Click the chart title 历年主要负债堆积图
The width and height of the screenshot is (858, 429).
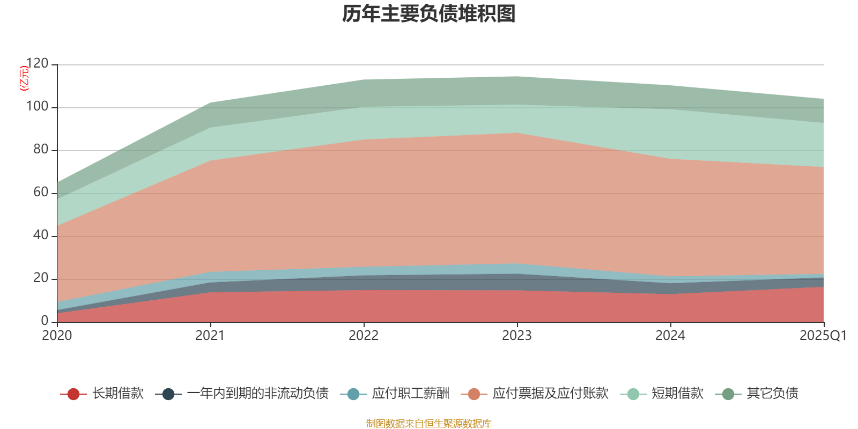pyautogui.click(x=429, y=14)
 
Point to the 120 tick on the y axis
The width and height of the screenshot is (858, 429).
pyautogui.click(x=37, y=64)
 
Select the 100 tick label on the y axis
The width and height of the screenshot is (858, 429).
pyautogui.click(x=37, y=107)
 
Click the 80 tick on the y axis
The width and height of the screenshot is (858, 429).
pyautogui.click(x=40, y=150)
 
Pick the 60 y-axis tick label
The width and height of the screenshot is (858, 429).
pyautogui.click(x=40, y=193)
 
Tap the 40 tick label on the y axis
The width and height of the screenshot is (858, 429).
pyautogui.click(x=40, y=235)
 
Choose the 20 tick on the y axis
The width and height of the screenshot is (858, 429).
pyautogui.click(x=40, y=278)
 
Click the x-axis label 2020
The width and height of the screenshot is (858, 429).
pyautogui.click(x=57, y=336)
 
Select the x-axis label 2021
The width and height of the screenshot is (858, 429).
pyautogui.click(x=210, y=336)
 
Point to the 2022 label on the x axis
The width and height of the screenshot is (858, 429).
pyautogui.click(x=364, y=336)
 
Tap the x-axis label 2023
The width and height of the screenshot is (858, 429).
pyautogui.click(x=517, y=336)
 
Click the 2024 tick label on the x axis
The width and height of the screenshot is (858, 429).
pyautogui.click(x=670, y=336)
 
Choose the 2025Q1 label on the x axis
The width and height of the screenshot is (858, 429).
pyautogui.click(x=823, y=336)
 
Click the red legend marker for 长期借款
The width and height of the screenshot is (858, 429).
pyautogui.click(x=73, y=394)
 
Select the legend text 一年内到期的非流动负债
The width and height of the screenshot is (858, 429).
pyautogui.click(x=257, y=394)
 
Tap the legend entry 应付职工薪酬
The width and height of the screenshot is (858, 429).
pyautogui.click(x=411, y=394)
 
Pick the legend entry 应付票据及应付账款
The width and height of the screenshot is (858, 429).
pyautogui.click(x=550, y=394)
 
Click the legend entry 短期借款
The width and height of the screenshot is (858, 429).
pyautogui.click(x=677, y=394)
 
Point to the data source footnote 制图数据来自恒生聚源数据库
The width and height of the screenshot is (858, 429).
pyautogui.click(x=429, y=424)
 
